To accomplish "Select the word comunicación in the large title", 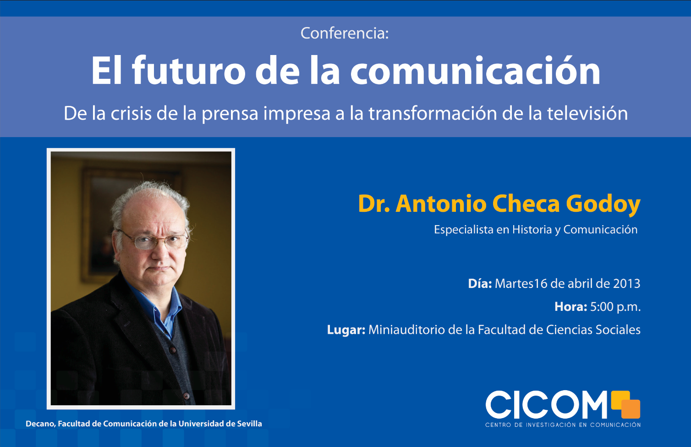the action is pos(475,71).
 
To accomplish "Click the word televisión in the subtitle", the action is pos(587,113).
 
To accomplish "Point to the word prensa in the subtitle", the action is pos(230,115).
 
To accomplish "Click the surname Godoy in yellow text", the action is pos(603,204).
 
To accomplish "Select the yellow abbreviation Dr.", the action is pos(374,204).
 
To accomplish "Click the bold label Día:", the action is pos(480,283).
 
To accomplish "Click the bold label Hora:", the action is pos(570,307).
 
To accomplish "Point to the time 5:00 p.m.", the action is pos(615,307).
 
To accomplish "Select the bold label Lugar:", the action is pos(346,330).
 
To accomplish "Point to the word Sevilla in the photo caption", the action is pos(249,424).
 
